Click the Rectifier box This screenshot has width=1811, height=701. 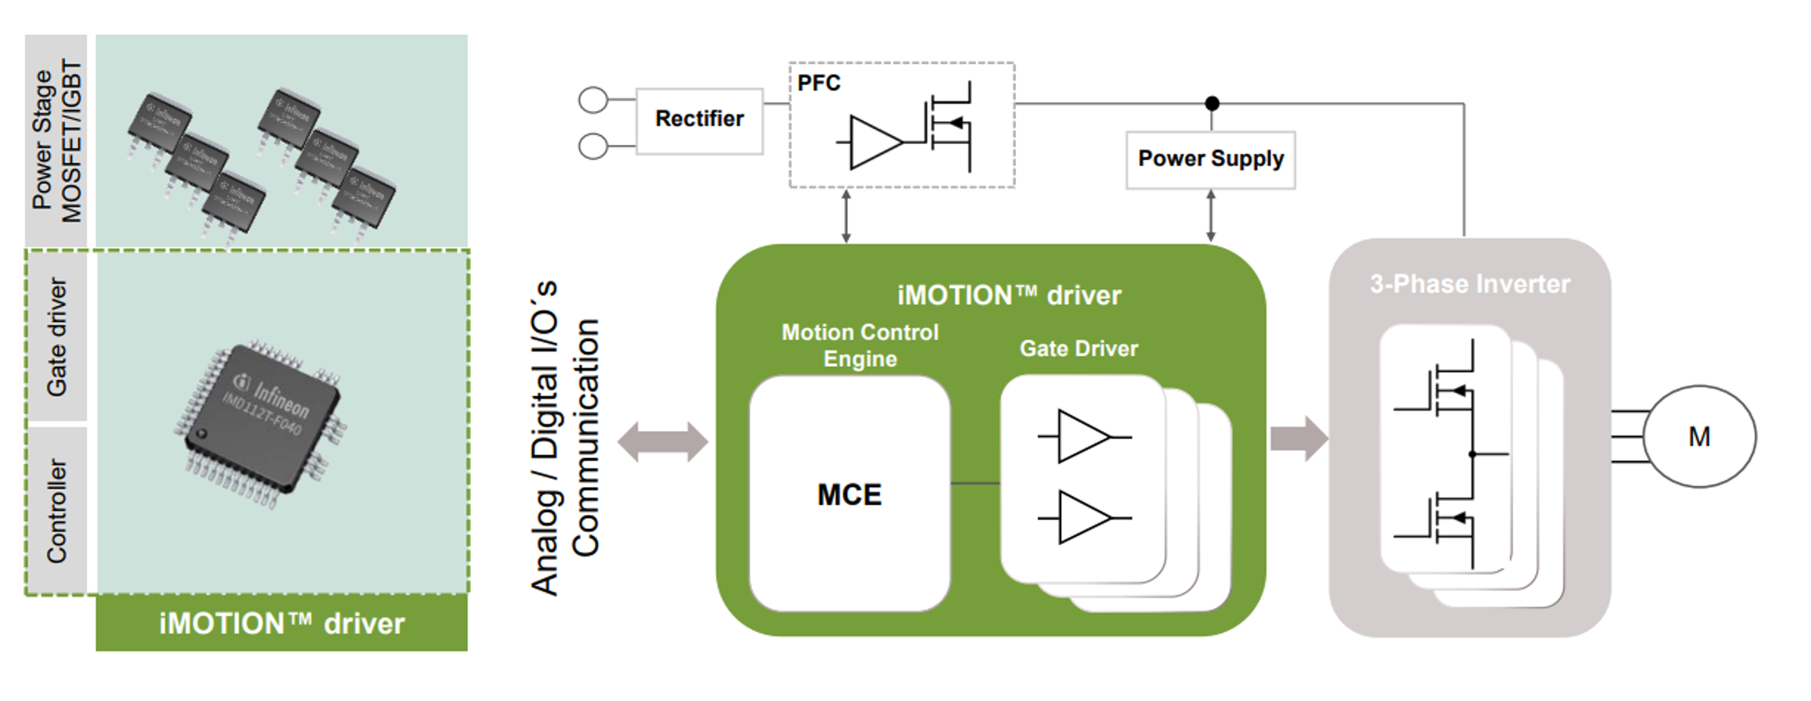point(699,120)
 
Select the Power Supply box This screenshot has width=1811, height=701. point(1210,159)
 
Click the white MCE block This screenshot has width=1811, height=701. point(849,494)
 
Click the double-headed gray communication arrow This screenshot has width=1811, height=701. point(662,442)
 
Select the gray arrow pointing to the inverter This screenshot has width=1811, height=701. point(1298,438)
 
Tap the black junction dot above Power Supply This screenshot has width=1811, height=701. point(1212,104)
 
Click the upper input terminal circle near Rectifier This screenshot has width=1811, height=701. point(593,100)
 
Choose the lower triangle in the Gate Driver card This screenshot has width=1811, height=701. point(1083,518)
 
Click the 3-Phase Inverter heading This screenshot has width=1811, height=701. point(1469,284)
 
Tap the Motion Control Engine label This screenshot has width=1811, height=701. point(860,345)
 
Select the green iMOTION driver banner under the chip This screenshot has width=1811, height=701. point(281,623)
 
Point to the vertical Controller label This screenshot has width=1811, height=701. point(56,511)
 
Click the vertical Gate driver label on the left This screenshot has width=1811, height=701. point(56,337)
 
